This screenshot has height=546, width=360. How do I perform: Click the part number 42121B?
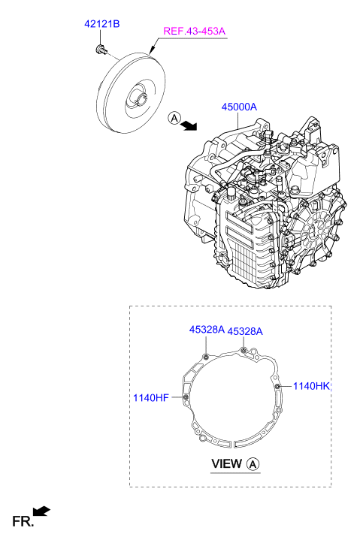tap(102, 24)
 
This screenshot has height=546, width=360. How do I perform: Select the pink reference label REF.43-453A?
tap(195, 31)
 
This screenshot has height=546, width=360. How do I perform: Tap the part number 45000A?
tap(239, 107)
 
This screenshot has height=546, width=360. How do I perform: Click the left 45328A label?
tap(207, 330)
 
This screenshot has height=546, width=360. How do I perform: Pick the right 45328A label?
tap(245, 331)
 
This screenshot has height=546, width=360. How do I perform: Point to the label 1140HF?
tap(151, 397)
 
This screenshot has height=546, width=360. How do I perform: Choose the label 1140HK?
tap(311, 386)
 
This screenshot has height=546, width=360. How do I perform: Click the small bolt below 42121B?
tap(101, 49)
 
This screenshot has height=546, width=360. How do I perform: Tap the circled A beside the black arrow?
tap(174, 118)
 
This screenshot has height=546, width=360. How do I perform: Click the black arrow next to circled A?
tap(190, 125)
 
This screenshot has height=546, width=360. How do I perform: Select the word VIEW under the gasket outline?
tap(226, 464)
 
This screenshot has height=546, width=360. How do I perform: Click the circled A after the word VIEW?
tap(253, 464)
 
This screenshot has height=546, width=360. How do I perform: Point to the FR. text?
tap(23, 521)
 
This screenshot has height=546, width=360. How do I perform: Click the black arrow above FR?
tap(41, 511)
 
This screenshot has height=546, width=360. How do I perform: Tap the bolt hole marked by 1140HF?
tap(186, 397)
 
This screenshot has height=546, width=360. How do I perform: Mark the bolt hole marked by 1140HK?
tap(277, 386)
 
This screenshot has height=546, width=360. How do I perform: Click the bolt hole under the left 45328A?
tap(206, 357)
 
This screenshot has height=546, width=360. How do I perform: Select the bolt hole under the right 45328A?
tap(244, 350)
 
